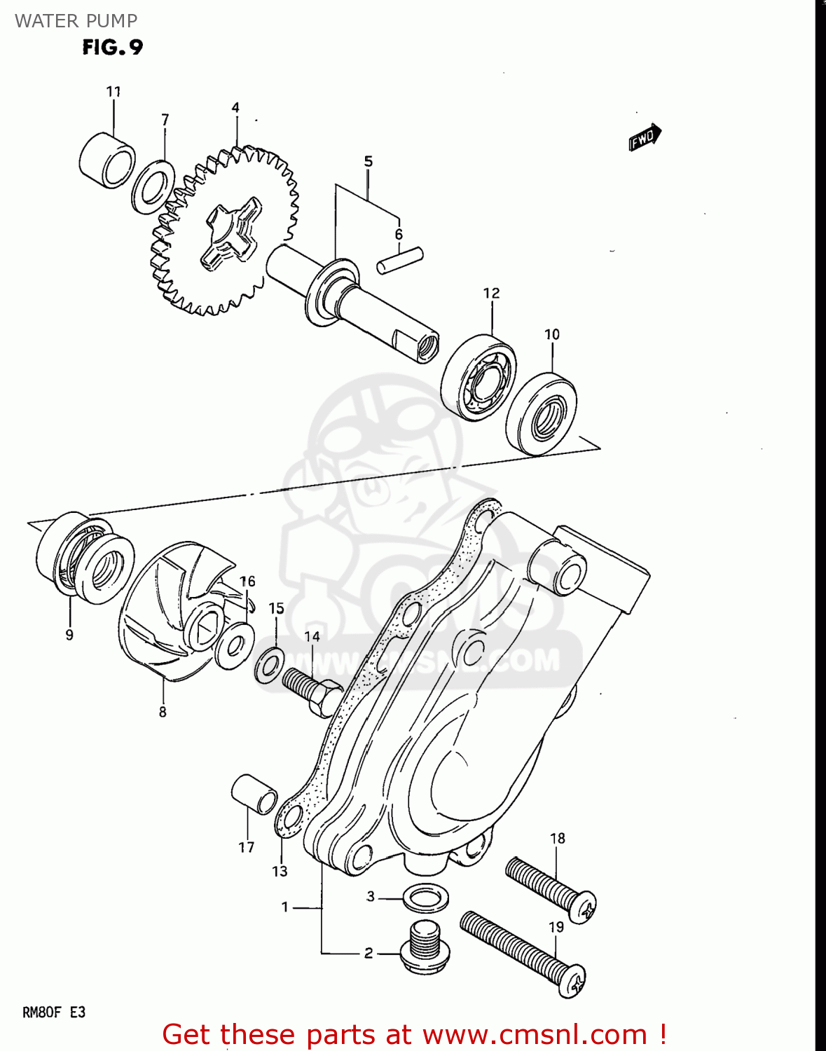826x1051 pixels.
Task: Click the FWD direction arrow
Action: click(645, 137)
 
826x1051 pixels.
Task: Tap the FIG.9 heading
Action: click(113, 47)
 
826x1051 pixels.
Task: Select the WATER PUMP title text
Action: click(76, 21)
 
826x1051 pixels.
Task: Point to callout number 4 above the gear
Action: click(235, 108)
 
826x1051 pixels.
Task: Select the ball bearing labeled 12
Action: click(479, 377)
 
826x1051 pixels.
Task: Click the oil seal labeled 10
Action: click(542, 413)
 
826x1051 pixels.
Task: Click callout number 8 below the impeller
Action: click(163, 712)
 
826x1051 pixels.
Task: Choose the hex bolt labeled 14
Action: click(312, 691)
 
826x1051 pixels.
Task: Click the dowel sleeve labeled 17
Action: click(254, 794)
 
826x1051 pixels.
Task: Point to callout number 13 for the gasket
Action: click(280, 871)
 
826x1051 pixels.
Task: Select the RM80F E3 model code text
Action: click(54, 1012)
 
